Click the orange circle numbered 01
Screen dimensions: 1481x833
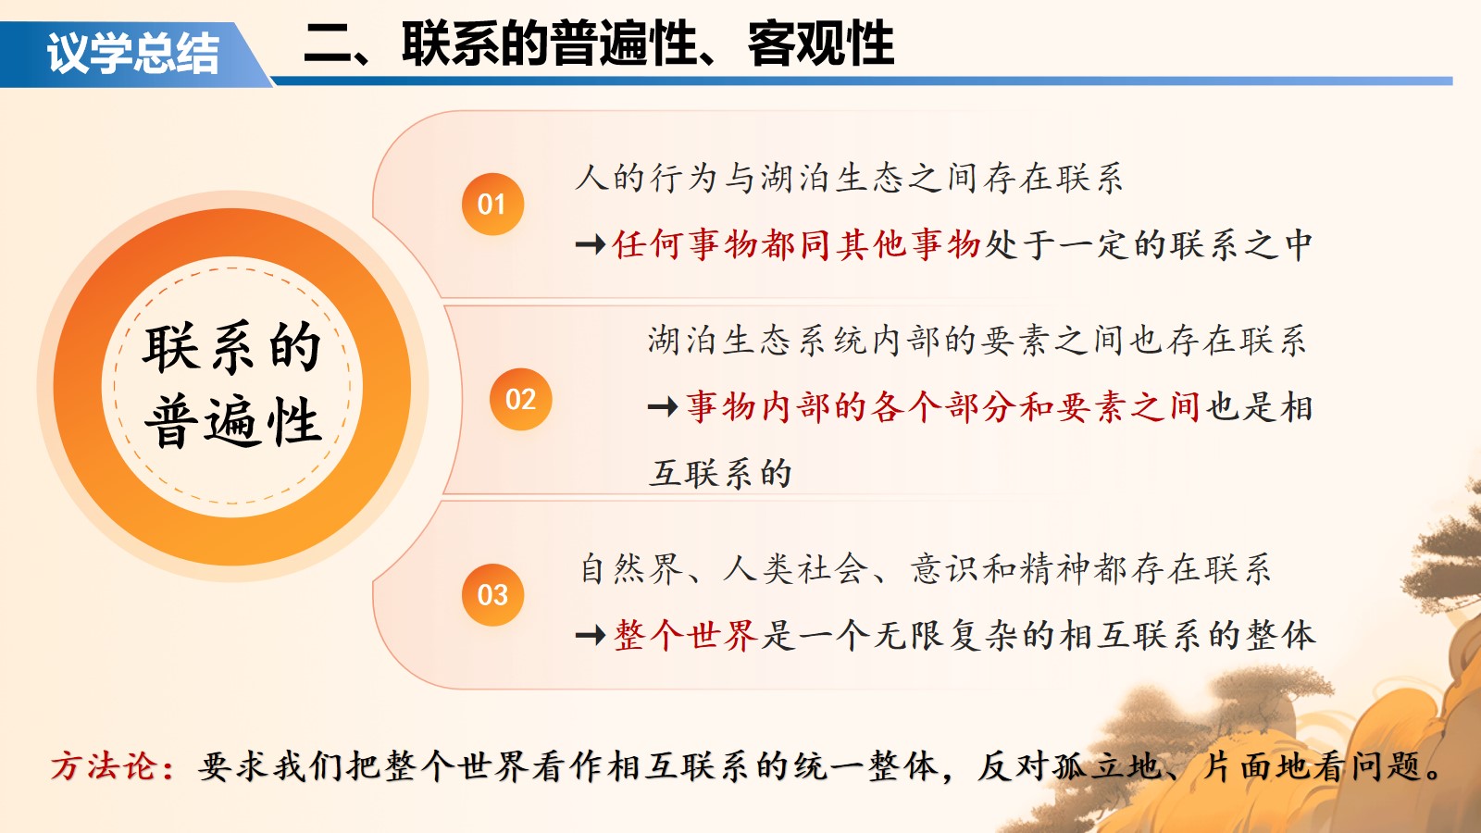pyautogui.click(x=492, y=204)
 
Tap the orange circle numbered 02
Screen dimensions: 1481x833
pyautogui.click(x=521, y=399)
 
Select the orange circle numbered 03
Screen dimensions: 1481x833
pyautogui.click(x=492, y=594)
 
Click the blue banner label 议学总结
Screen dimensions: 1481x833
pyautogui.click(x=133, y=53)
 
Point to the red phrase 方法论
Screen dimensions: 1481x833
pyautogui.click(x=104, y=766)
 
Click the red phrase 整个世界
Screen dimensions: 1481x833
pyautogui.click(x=686, y=635)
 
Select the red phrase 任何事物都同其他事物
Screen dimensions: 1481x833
pyautogui.click(x=797, y=244)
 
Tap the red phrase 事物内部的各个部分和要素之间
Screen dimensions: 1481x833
pyautogui.click(x=943, y=406)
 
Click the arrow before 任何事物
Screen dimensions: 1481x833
pyautogui.click(x=591, y=245)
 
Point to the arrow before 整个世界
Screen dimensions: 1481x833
pyautogui.click(x=591, y=636)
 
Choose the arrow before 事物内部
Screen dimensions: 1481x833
pyautogui.click(x=663, y=406)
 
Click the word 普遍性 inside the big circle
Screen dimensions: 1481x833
pyautogui.click(x=232, y=421)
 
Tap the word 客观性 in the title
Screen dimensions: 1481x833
pyautogui.click(x=820, y=44)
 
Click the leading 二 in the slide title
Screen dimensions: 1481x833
pyautogui.click(x=328, y=45)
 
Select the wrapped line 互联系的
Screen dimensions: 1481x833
pyautogui.click(x=720, y=473)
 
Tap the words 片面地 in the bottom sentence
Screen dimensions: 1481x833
pyautogui.click(x=1256, y=766)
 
